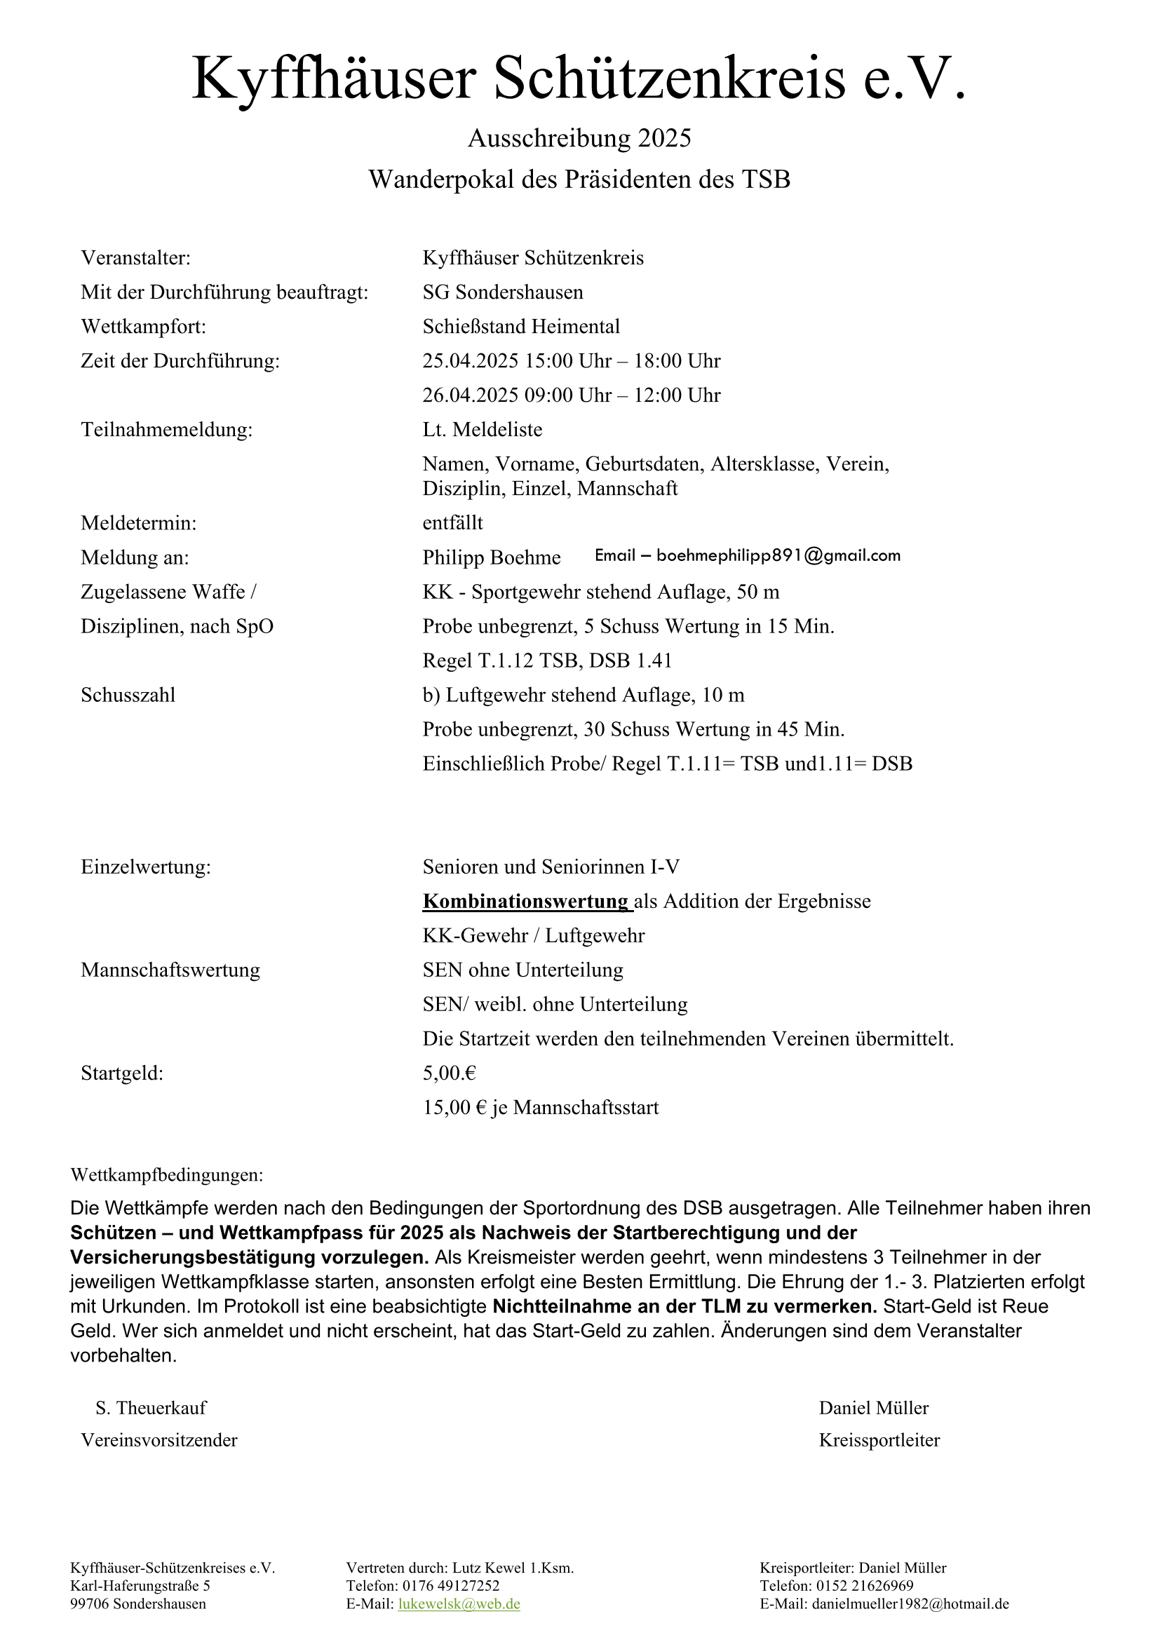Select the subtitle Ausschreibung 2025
pyautogui.click(x=579, y=138)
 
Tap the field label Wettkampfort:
pyautogui.click(x=144, y=327)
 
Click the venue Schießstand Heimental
pyautogui.click(x=520, y=327)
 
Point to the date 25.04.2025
pyautogui.click(x=470, y=360)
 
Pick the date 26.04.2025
pyautogui.click(x=470, y=395)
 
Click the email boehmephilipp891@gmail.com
pyautogui.click(x=778, y=556)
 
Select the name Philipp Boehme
pyautogui.click(x=492, y=557)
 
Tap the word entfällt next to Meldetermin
pyautogui.click(x=453, y=523)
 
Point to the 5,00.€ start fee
pyautogui.click(x=450, y=1073)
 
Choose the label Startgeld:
pyautogui.click(x=122, y=1073)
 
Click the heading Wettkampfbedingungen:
pyautogui.click(x=166, y=1175)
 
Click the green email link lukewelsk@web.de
pyautogui.click(x=459, y=1604)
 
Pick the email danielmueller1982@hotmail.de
pyautogui.click(x=910, y=1604)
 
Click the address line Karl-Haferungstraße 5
pyautogui.click(x=140, y=1586)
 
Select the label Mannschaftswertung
pyautogui.click(x=170, y=970)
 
